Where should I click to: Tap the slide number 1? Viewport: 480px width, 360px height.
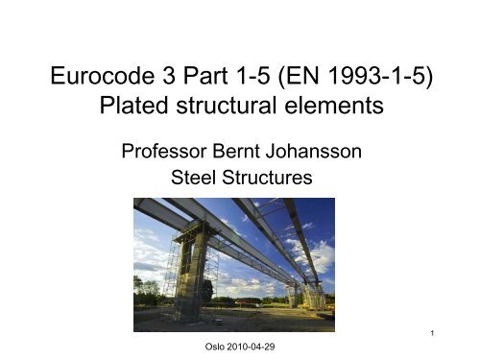coord(435,335)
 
